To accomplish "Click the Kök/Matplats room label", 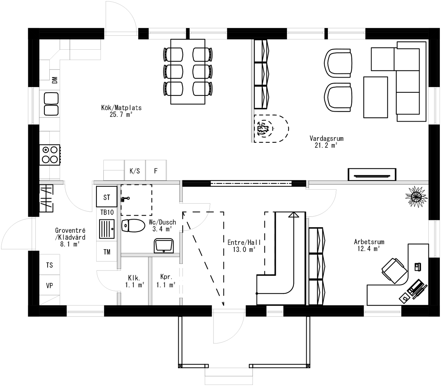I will (121, 108).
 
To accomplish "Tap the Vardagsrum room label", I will (326, 138).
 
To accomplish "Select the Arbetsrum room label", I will (369, 242).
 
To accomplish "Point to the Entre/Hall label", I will (244, 243).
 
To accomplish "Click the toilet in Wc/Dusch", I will (133, 226).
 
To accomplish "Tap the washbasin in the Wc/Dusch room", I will (164, 246).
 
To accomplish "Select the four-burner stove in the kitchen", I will (50, 155).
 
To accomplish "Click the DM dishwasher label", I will (55, 80).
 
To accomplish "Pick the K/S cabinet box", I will (135, 171).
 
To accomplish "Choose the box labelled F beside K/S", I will (156, 171).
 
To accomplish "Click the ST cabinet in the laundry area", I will (107, 197).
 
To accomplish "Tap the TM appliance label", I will (107, 252).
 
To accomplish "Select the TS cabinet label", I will (49, 265).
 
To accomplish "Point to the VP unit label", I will (49, 286).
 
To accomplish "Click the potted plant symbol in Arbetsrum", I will (416, 196).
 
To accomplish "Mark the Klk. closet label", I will (134, 278).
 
